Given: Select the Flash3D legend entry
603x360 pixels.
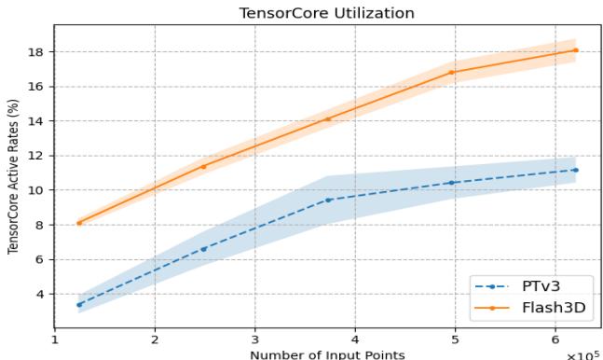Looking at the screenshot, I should click(550, 307).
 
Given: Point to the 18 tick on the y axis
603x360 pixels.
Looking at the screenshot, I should click(40, 51).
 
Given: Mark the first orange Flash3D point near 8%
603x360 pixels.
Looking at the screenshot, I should click(79, 223).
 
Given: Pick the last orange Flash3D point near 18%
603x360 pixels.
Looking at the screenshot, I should click(576, 50).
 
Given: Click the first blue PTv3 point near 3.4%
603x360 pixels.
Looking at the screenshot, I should click(79, 304).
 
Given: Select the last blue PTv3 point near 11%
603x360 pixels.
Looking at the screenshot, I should click(576, 170).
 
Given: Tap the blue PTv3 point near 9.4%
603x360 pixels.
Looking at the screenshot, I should click(328, 200).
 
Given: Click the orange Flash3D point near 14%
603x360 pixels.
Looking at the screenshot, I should click(328, 118).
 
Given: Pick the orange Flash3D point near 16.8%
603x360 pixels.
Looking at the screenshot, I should click(452, 72).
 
